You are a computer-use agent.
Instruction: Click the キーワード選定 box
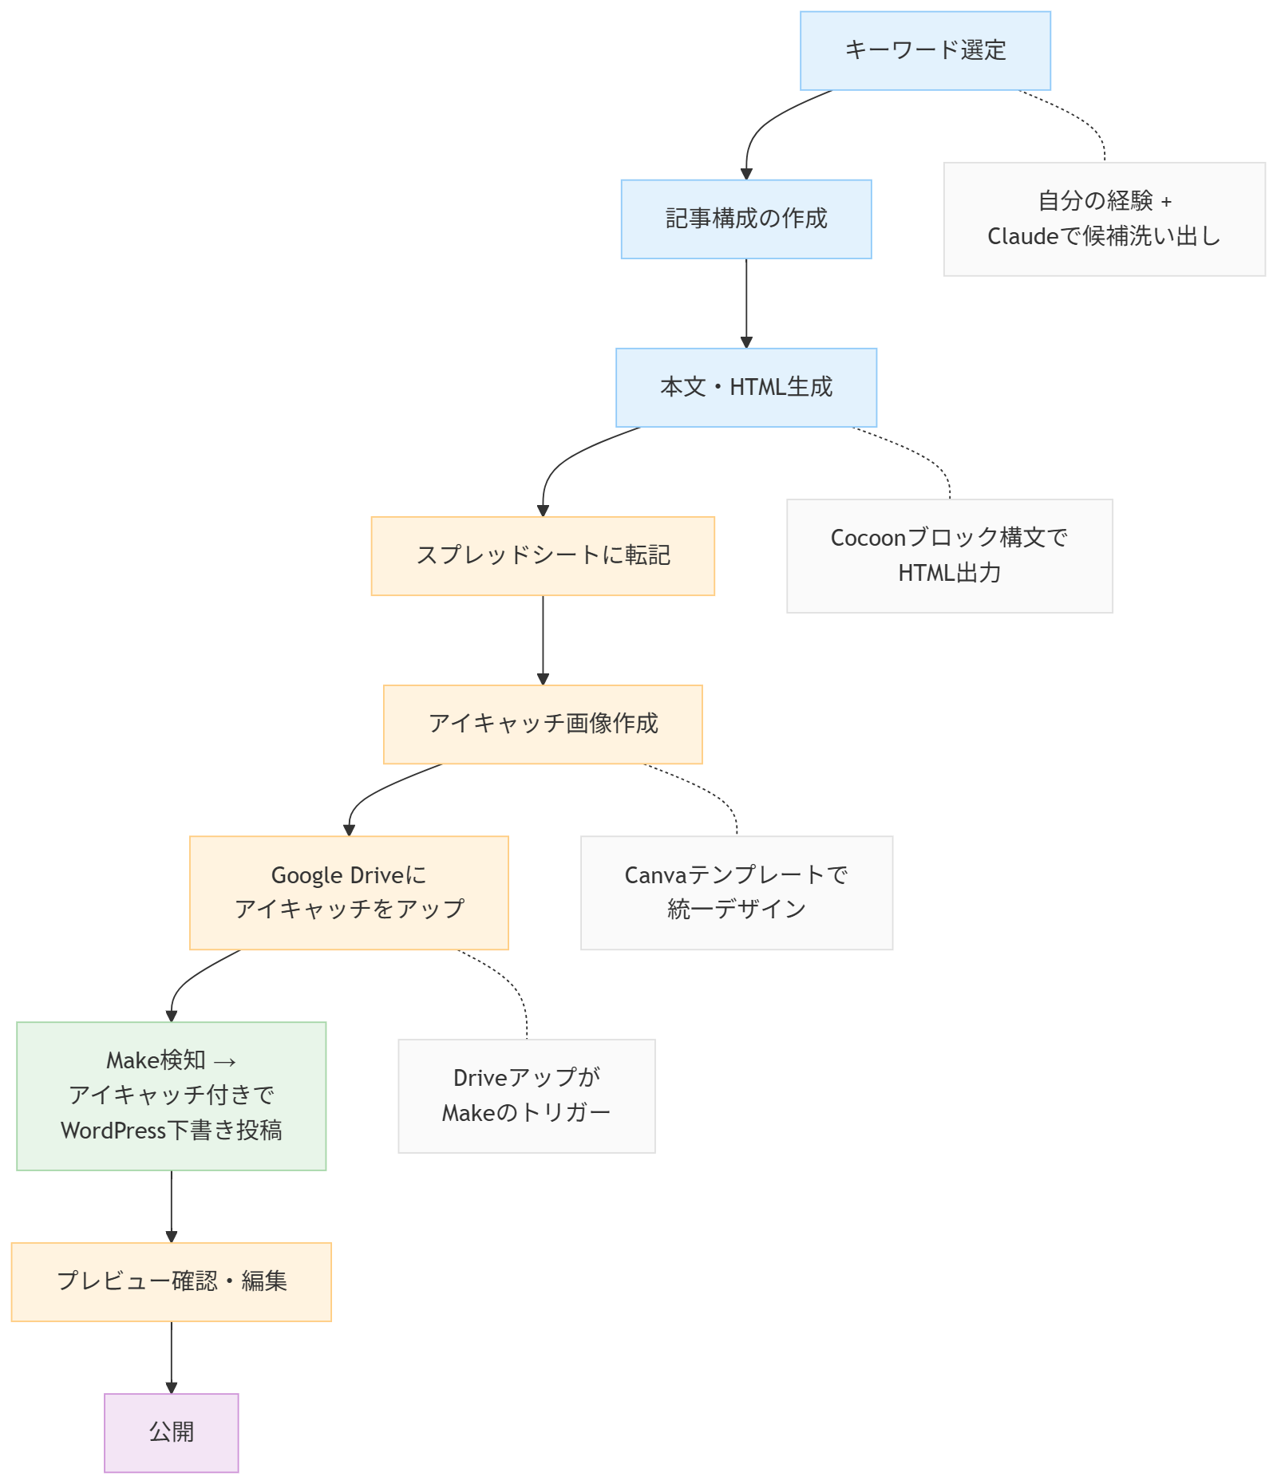[925, 50]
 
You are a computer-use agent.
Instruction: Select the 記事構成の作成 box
[745, 219]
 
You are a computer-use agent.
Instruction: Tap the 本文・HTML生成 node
[745, 387]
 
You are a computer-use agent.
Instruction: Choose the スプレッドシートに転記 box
[543, 556]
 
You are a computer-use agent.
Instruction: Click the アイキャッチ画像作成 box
[543, 724]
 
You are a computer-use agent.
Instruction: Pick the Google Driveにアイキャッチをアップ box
[349, 893]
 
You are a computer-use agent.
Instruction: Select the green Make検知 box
[172, 1095]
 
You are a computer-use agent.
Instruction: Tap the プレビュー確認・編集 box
[172, 1281]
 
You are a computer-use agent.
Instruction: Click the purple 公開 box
[172, 1433]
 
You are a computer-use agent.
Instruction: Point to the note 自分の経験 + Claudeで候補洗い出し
[1105, 219]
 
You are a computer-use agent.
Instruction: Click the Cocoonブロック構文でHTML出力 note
[950, 556]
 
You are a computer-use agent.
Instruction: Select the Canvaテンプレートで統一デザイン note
[737, 893]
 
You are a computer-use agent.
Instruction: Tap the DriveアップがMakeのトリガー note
[527, 1095]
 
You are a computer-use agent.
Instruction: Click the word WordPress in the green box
[113, 1131]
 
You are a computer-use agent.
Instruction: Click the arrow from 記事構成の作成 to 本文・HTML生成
[746, 303]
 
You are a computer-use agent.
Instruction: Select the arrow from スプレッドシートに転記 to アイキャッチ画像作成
[543, 640]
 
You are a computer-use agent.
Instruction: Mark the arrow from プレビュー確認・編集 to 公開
[172, 1357]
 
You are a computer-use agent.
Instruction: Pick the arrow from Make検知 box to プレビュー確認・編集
[172, 1206]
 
